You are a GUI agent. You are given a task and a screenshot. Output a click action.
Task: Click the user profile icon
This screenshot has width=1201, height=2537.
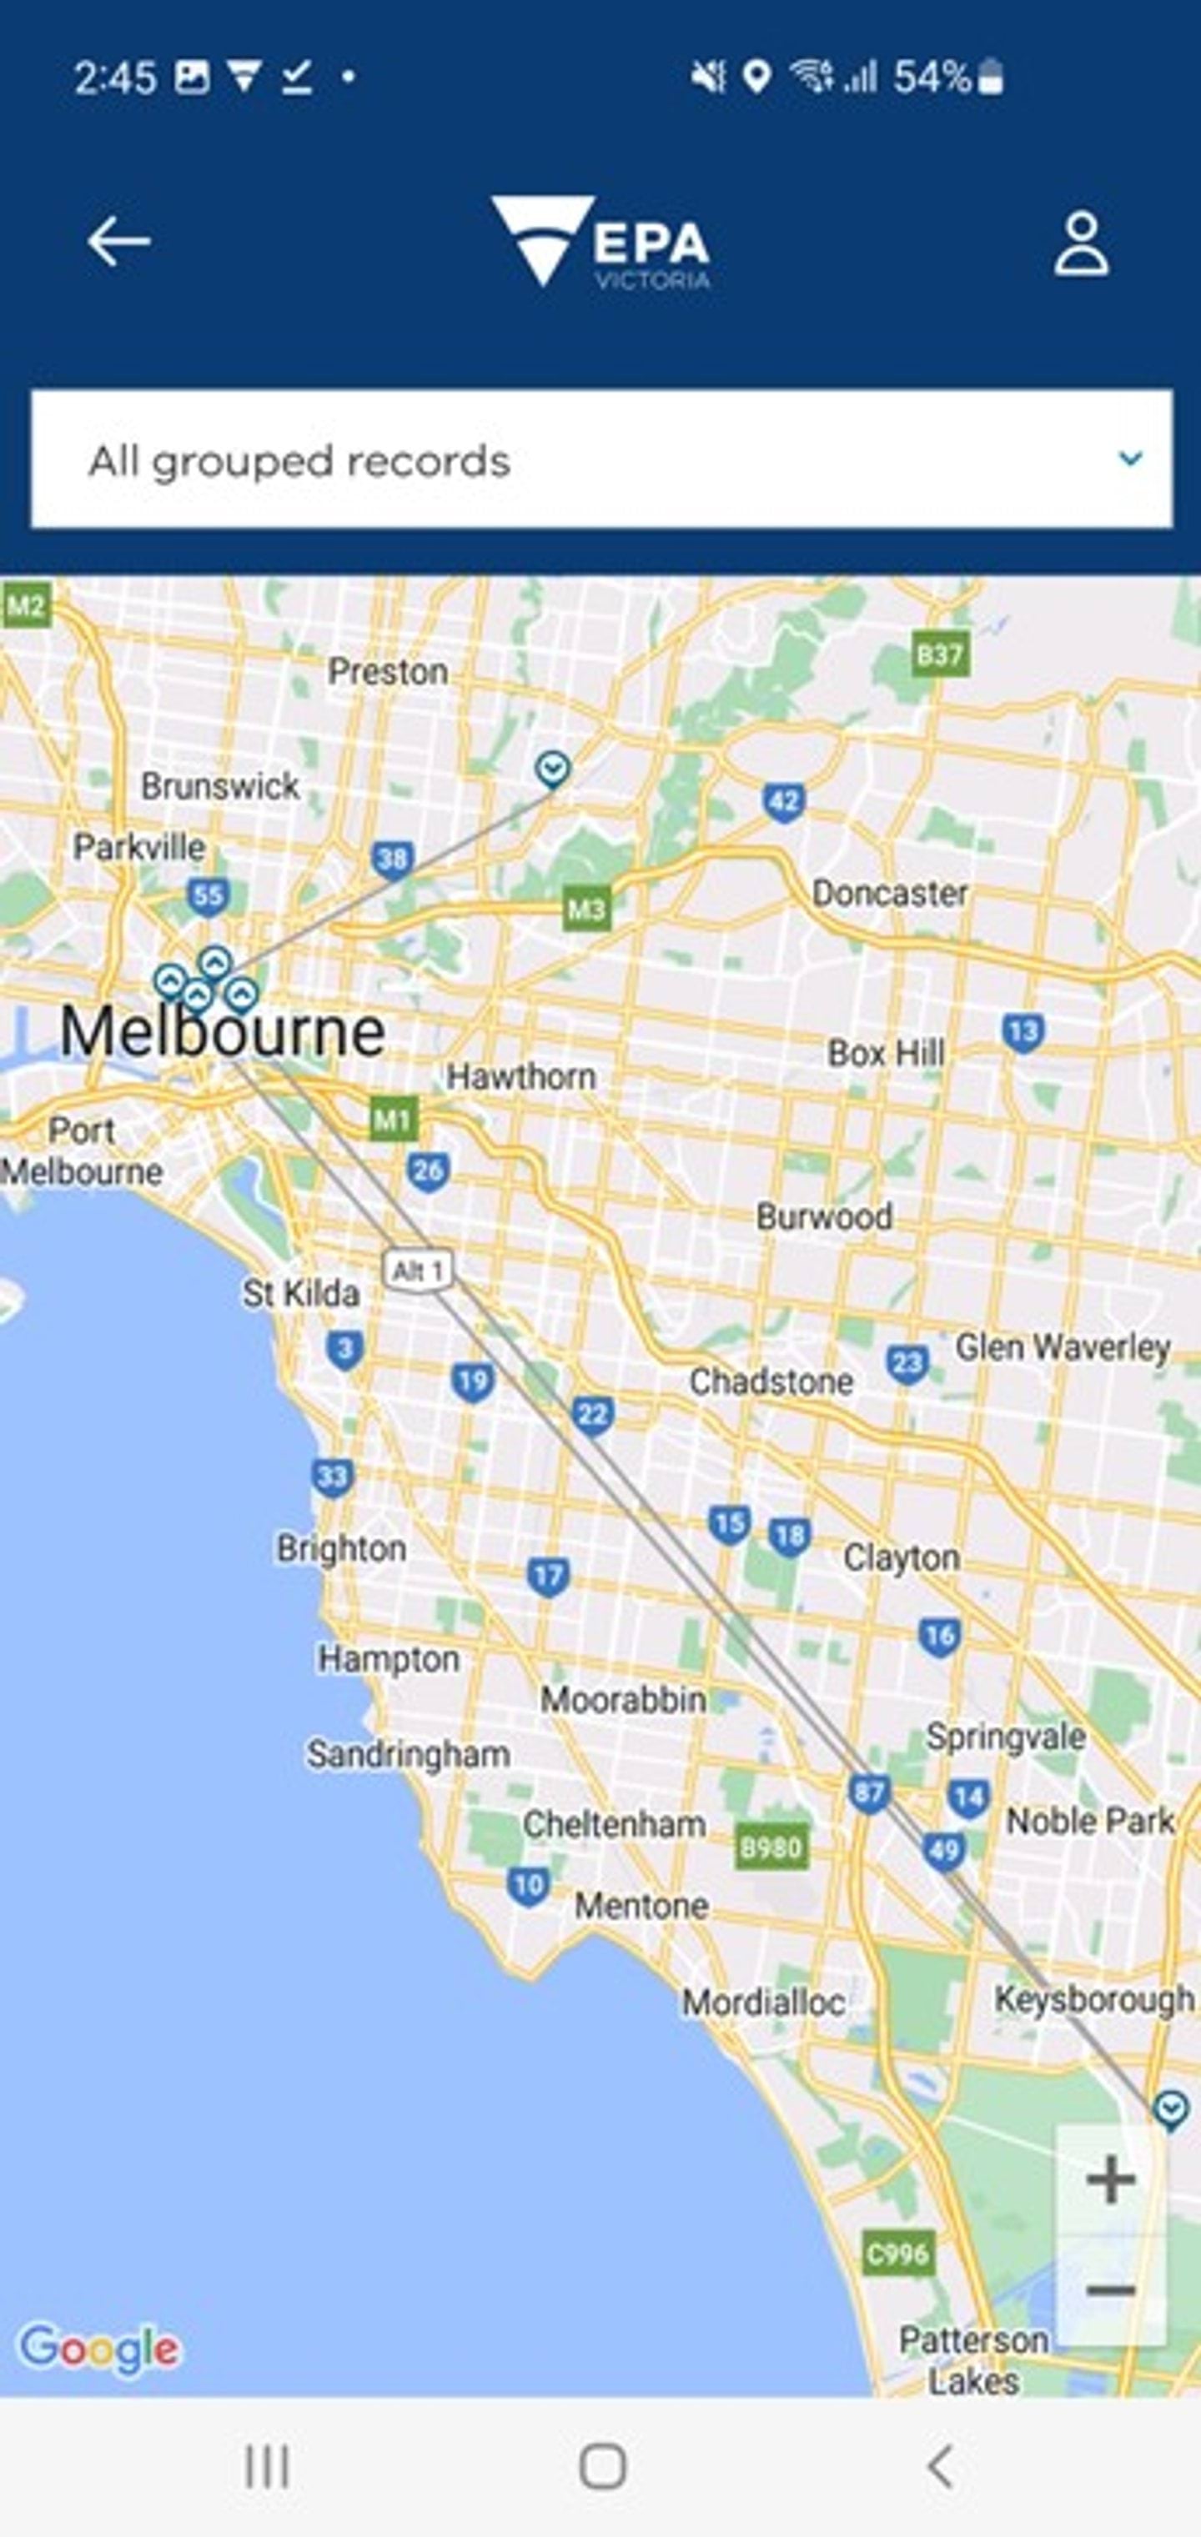pos(1081,243)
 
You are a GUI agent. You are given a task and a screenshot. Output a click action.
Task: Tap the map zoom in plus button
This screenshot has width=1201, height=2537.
pos(1110,2179)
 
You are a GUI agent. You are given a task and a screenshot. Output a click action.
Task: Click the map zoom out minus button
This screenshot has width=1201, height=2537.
pos(1110,2289)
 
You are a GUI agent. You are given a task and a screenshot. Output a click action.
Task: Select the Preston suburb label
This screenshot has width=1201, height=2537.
pos(387,672)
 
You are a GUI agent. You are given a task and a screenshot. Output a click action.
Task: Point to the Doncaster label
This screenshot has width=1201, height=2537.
pos(889,893)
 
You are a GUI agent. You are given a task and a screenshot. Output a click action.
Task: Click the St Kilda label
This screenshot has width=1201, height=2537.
pos(301,1293)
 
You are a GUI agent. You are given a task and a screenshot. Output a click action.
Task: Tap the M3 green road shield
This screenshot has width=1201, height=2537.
pos(587,908)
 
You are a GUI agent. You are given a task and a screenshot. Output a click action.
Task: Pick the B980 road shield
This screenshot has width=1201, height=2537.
pos(771,1847)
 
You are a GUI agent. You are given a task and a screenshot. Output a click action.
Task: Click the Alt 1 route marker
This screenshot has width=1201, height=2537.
pos(418,1271)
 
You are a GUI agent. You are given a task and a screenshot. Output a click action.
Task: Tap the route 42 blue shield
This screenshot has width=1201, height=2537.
pos(783,802)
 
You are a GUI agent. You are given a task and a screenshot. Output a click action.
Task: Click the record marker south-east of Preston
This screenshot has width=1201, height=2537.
pos(553,768)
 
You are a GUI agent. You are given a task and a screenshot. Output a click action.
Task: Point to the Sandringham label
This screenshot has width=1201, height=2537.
pos(408,1754)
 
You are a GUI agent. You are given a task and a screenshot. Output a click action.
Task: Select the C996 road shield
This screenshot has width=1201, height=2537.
pos(896,2254)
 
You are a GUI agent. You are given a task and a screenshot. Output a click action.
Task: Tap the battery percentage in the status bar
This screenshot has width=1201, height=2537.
pos(931,77)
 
